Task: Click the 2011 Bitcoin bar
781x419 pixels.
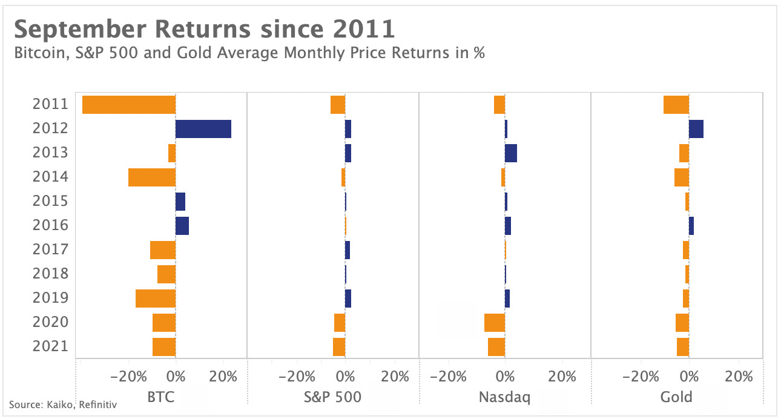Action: (x=129, y=105)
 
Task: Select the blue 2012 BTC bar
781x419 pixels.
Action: (x=203, y=129)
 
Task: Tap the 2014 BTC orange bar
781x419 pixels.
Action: (x=152, y=177)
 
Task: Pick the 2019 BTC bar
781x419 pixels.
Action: (x=156, y=299)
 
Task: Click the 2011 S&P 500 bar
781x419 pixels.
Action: (x=338, y=105)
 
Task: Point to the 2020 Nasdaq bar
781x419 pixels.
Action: (x=495, y=323)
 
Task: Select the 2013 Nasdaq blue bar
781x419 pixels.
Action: (x=511, y=153)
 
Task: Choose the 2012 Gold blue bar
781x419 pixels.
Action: (x=696, y=129)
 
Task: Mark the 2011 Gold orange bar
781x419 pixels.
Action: (x=676, y=105)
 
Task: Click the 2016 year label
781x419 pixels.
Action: (x=50, y=225)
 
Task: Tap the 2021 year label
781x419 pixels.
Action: (x=50, y=346)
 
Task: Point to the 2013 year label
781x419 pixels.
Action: (x=50, y=153)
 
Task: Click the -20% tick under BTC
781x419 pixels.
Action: (x=129, y=377)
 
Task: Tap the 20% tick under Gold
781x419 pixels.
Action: (x=739, y=377)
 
